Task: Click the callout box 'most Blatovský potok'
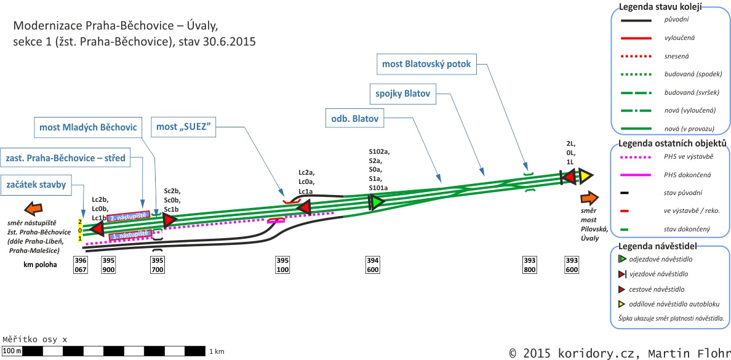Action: click(x=430, y=63)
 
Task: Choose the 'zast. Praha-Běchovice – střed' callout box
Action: click(x=65, y=158)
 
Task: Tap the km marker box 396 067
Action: click(x=81, y=265)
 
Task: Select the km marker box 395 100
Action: click(x=282, y=265)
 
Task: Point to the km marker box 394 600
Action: click(x=372, y=265)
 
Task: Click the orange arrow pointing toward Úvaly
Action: click(x=589, y=198)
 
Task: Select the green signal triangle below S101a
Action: click(x=376, y=202)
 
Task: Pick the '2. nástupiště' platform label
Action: click(x=129, y=217)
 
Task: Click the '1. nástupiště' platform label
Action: click(x=130, y=234)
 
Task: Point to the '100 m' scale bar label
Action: click(x=12, y=351)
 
